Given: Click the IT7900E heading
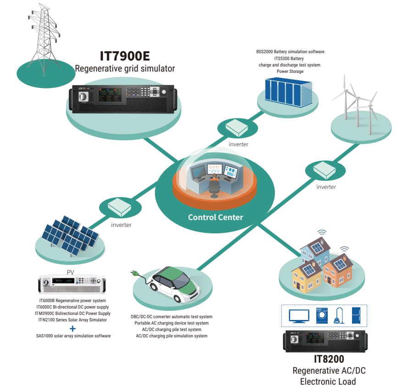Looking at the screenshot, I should click(x=125, y=56).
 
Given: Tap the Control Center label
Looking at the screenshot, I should click(x=215, y=217).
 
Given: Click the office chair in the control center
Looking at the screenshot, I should click(x=214, y=188).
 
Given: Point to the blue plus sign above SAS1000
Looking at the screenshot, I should click(x=72, y=328).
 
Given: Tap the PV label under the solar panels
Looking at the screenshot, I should click(x=71, y=272).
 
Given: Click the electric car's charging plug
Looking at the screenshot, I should click(x=136, y=274).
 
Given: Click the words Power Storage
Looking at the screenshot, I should click(x=290, y=72).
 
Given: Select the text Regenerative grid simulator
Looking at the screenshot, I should click(x=125, y=69).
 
